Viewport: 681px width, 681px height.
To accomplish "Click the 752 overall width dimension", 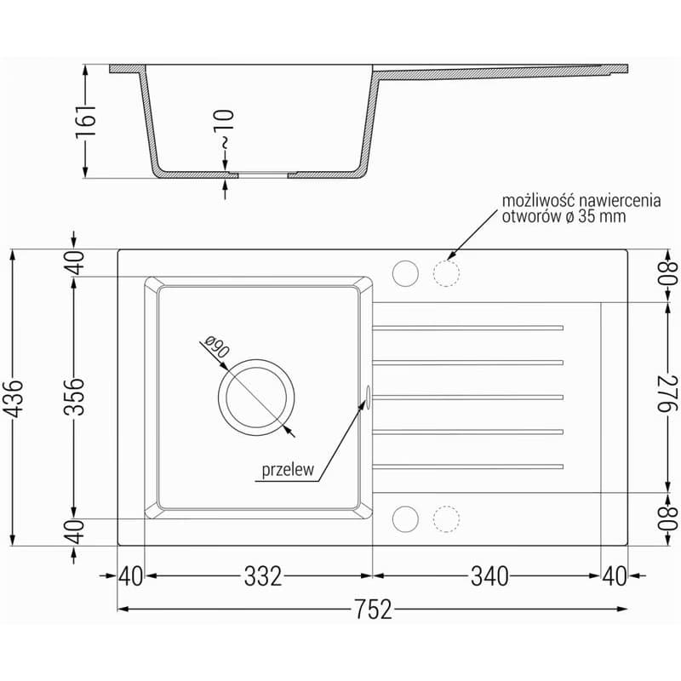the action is (x=374, y=609).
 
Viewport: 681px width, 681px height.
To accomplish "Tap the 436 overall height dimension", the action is (x=15, y=398).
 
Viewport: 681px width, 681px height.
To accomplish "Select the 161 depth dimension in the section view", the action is (x=86, y=122).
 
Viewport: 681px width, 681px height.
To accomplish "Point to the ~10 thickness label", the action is (x=225, y=129).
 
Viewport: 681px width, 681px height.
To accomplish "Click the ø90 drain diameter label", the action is (x=216, y=347).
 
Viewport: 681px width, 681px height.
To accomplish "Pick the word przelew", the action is (x=288, y=470).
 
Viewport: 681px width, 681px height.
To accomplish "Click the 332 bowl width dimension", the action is (x=263, y=576).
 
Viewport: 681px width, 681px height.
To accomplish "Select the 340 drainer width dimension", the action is (x=489, y=576).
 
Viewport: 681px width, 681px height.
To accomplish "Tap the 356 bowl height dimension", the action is (x=74, y=397).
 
